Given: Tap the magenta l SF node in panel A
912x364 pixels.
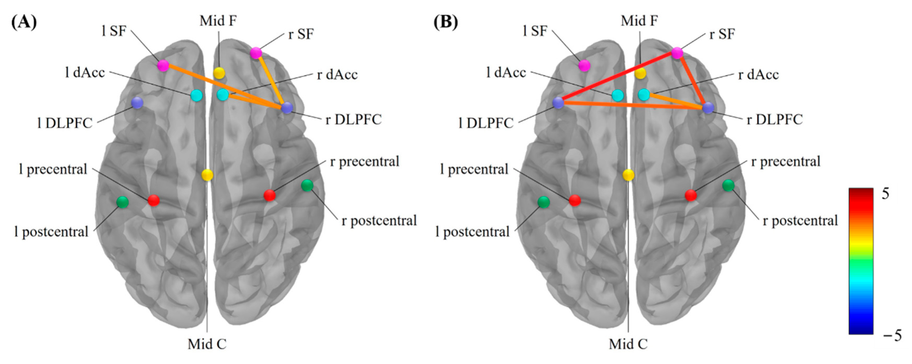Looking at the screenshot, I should tap(163, 65).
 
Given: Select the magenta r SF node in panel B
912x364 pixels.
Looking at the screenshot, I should tap(677, 53).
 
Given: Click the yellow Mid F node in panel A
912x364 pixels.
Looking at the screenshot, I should tap(219, 73).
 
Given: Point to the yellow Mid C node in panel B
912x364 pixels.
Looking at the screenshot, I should tap(628, 175).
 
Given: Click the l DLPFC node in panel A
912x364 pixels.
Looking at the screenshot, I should tap(137, 103).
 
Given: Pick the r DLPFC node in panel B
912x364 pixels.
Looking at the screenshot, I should tap(708, 108).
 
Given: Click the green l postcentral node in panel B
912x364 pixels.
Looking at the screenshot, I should tap(543, 202).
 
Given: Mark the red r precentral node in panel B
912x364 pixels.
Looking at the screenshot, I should tap(691, 195).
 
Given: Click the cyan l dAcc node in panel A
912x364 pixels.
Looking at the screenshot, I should tap(196, 95).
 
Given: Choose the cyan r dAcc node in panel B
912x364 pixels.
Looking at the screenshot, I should tap(644, 94).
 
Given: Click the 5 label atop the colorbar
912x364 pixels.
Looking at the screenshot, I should tap(885, 194).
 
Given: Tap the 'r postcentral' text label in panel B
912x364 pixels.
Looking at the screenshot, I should tap(800, 221).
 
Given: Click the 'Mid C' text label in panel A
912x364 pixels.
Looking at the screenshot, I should tap(207, 344).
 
